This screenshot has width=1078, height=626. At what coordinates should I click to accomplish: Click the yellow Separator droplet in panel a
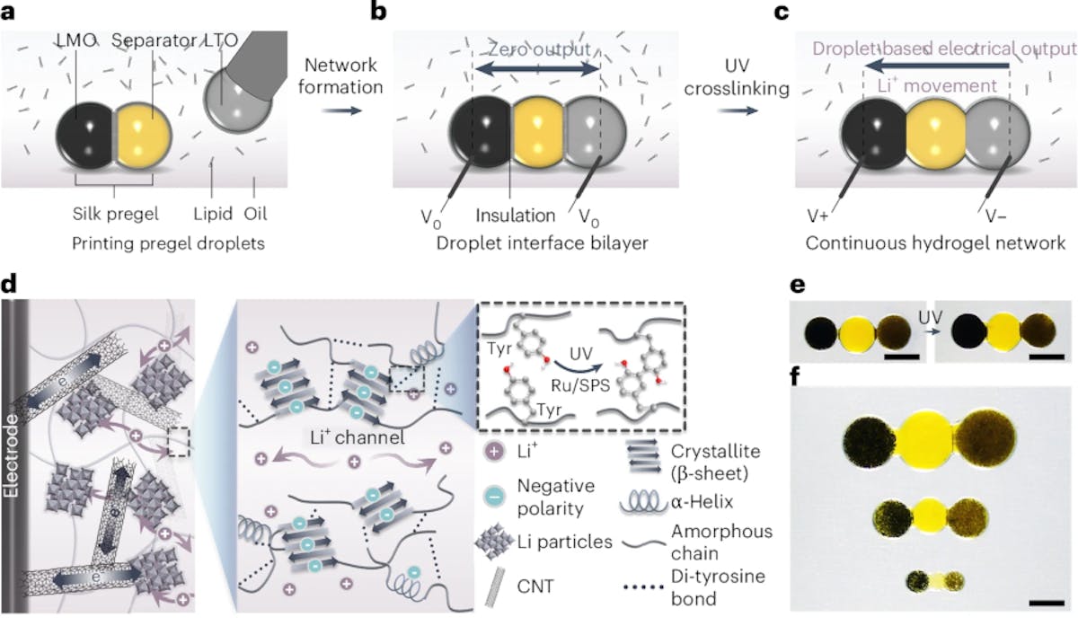[143, 136]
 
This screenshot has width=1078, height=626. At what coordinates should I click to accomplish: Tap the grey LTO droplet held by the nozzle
[235, 101]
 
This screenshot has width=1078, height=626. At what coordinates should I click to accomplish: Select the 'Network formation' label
[340, 76]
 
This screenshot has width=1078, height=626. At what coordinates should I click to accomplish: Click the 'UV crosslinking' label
[737, 77]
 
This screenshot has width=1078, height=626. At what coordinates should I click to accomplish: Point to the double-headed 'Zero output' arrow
[537, 70]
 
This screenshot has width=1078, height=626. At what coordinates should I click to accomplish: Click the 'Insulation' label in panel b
[516, 216]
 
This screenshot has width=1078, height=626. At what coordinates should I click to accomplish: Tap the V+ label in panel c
[818, 216]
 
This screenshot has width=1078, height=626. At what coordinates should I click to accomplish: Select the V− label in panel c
[995, 216]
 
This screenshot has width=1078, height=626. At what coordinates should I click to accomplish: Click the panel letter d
[9, 285]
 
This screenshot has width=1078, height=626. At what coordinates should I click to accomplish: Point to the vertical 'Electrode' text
[11, 456]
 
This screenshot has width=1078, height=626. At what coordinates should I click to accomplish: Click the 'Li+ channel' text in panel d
[358, 436]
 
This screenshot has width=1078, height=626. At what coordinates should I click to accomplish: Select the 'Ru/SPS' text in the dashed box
[580, 385]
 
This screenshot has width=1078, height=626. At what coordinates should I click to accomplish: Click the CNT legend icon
[495, 586]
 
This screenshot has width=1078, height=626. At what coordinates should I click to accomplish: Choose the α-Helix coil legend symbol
[643, 503]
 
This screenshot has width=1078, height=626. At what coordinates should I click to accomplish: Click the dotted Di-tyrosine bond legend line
[643, 587]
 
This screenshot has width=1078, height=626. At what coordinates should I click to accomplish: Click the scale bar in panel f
[1047, 603]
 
